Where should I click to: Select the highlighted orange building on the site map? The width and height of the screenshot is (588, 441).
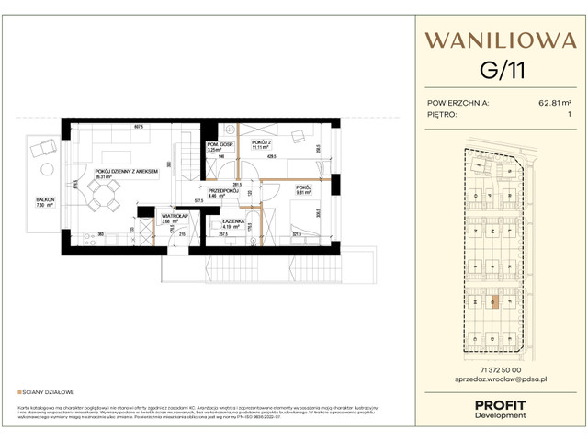(x=493, y=300)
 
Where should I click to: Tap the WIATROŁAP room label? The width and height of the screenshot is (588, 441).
(x=172, y=216)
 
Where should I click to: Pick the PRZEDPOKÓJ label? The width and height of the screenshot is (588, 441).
(x=223, y=190)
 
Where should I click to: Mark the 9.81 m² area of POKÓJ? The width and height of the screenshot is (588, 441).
(x=304, y=193)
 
